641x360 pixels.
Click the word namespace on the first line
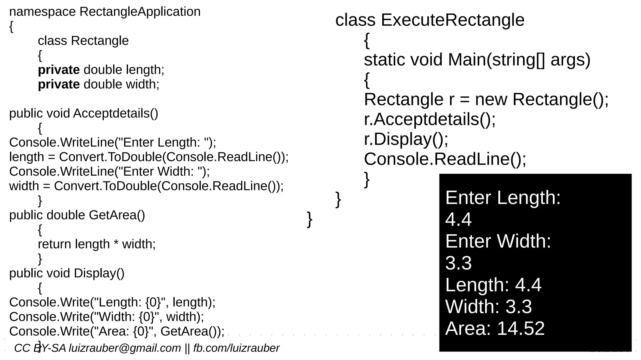42,12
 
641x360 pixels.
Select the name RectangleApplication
140,12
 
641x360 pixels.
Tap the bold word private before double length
59,70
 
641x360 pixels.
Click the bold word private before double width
59,85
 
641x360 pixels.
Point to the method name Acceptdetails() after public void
115,113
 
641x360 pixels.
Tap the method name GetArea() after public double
117,215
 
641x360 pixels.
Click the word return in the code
54,244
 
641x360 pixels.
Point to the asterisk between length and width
116,244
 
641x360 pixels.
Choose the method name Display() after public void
99,273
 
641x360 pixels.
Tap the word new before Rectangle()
491,100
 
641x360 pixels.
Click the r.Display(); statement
406,139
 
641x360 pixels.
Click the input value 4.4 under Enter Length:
458,219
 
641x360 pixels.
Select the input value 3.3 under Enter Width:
458,263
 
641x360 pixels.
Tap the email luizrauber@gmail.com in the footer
125,348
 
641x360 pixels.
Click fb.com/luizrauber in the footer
236,348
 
